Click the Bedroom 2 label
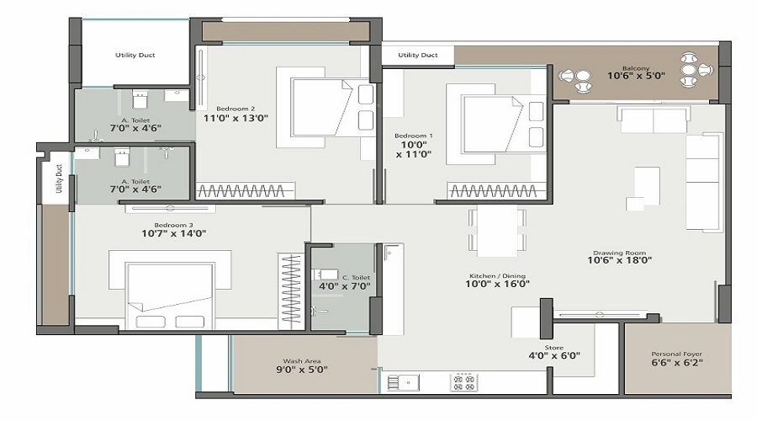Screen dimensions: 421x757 tap(235, 108)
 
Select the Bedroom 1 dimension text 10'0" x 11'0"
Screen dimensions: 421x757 tap(413, 149)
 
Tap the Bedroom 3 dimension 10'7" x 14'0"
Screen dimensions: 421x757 tap(175, 233)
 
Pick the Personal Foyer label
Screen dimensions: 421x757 tap(676, 354)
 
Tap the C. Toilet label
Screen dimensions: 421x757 tap(356, 277)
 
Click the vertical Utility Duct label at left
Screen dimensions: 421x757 tap(60, 179)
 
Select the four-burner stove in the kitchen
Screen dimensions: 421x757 tap(464, 382)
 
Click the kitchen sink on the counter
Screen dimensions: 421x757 tap(404, 382)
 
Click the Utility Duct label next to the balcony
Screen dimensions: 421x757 tap(418, 56)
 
